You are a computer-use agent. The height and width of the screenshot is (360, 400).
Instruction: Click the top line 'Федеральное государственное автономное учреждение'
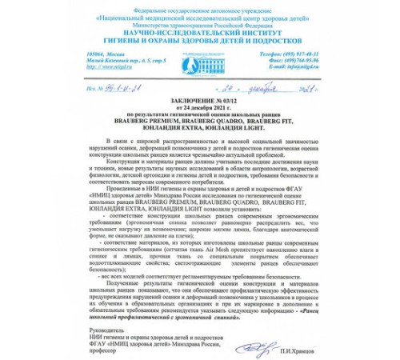coord(200,6)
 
